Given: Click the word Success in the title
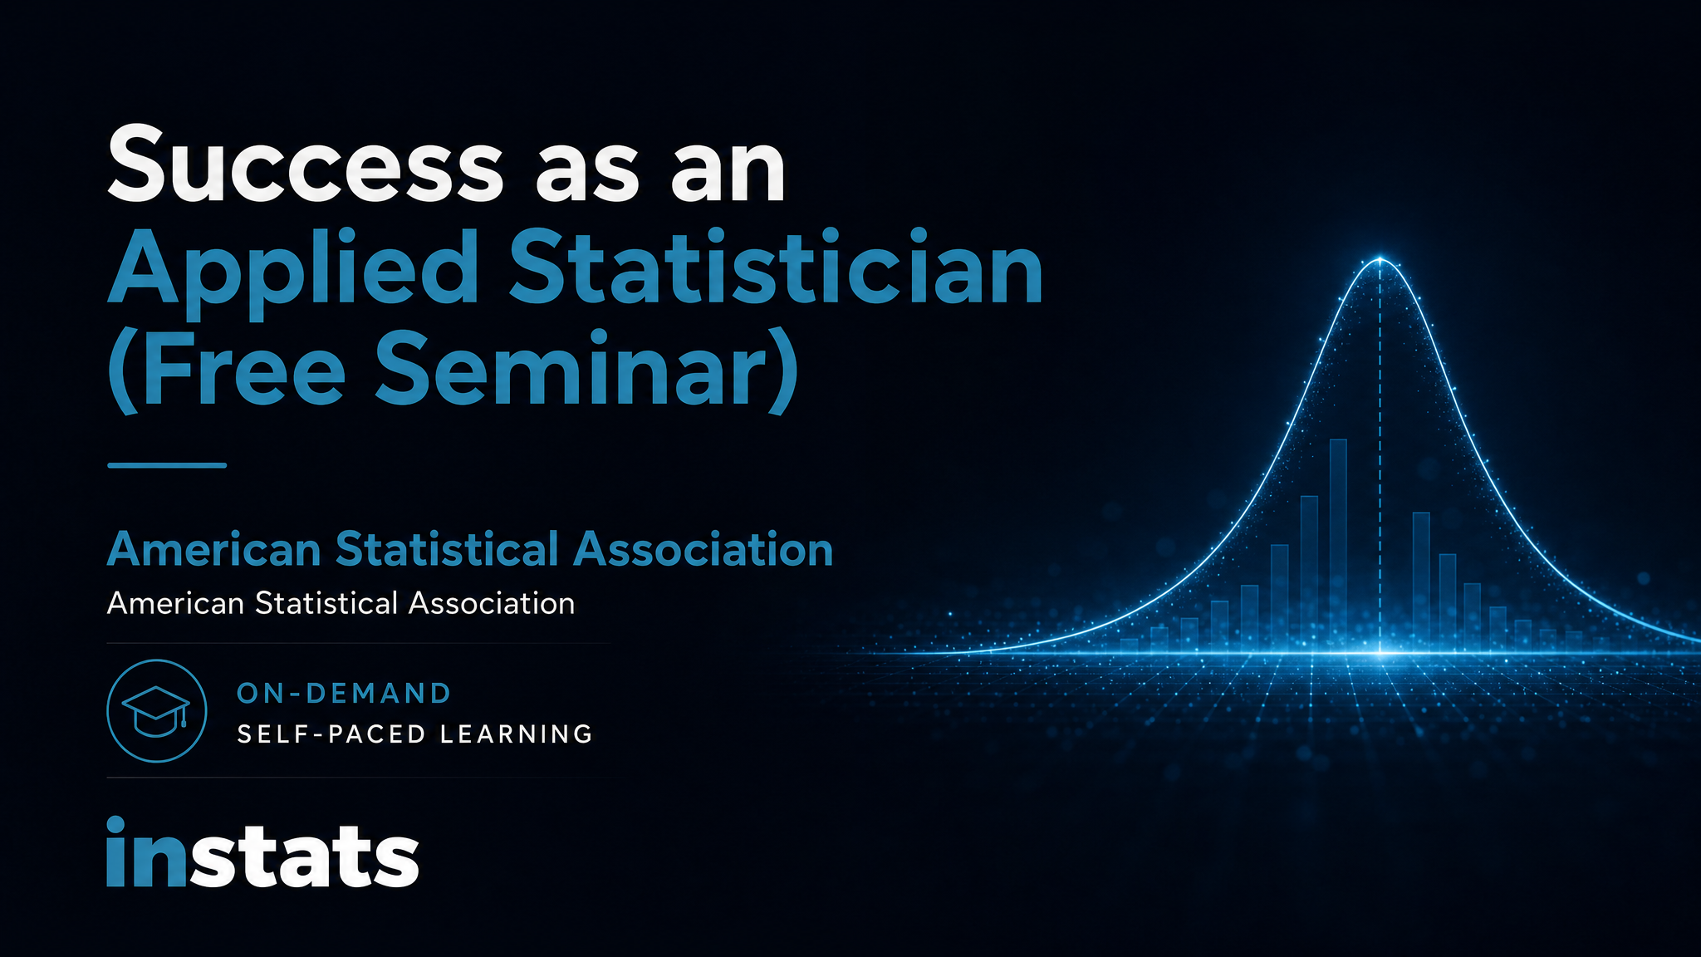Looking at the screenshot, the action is pyautogui.click(x=305, y=164).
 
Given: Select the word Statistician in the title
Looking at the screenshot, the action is pyautogui.click(x=776, y=267).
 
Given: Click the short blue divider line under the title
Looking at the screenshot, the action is pyautogui.click(x=167, y=465).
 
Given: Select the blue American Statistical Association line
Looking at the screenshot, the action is pyautogui.click(x=470, y=549).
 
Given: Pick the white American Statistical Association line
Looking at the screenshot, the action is pyautogui.click(x=341, y=603).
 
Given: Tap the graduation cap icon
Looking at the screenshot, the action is pyautogui.click(x=156, y=711).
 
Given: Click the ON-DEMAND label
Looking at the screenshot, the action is pyautogui.click(x=344, y=693).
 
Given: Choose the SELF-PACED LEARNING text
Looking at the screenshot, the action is pyautogui.click(x=414, y=734).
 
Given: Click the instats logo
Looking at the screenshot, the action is pyautogui.click(x=262, y=852).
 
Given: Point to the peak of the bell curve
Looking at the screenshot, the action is pyautogui.click(x=1380, y=259).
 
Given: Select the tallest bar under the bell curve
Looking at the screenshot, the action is pyautogui.click(x=1338, y=545).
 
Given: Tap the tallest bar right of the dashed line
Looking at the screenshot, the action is pyautogui.click(x=1421, y=582).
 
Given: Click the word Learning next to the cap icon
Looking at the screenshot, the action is pyautogui.click(x=516, y=734).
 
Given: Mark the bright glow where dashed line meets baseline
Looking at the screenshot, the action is pyautogui.click(x=1380, y=653).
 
